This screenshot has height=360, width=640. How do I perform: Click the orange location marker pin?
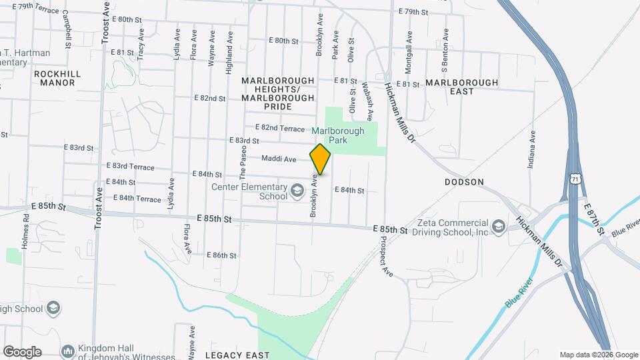click(x=321, y=159)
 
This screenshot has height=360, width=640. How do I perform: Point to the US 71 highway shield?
click(x=574, y=179)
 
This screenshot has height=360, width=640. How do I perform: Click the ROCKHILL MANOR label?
click(x=57, y=78)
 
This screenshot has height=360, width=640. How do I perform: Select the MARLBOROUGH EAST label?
click(x=461, y=87)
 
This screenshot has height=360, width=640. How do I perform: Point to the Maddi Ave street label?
click(x=279, y=159)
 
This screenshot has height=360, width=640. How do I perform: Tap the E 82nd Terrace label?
click(x=279, y=127)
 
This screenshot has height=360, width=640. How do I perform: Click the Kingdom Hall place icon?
click(x=67, y=351)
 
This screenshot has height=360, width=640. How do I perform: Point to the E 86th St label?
click(x=221, y=255)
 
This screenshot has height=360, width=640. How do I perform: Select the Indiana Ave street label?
click(x=532, y=149)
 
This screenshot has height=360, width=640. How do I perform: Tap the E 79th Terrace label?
click(x=36, y=6)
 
